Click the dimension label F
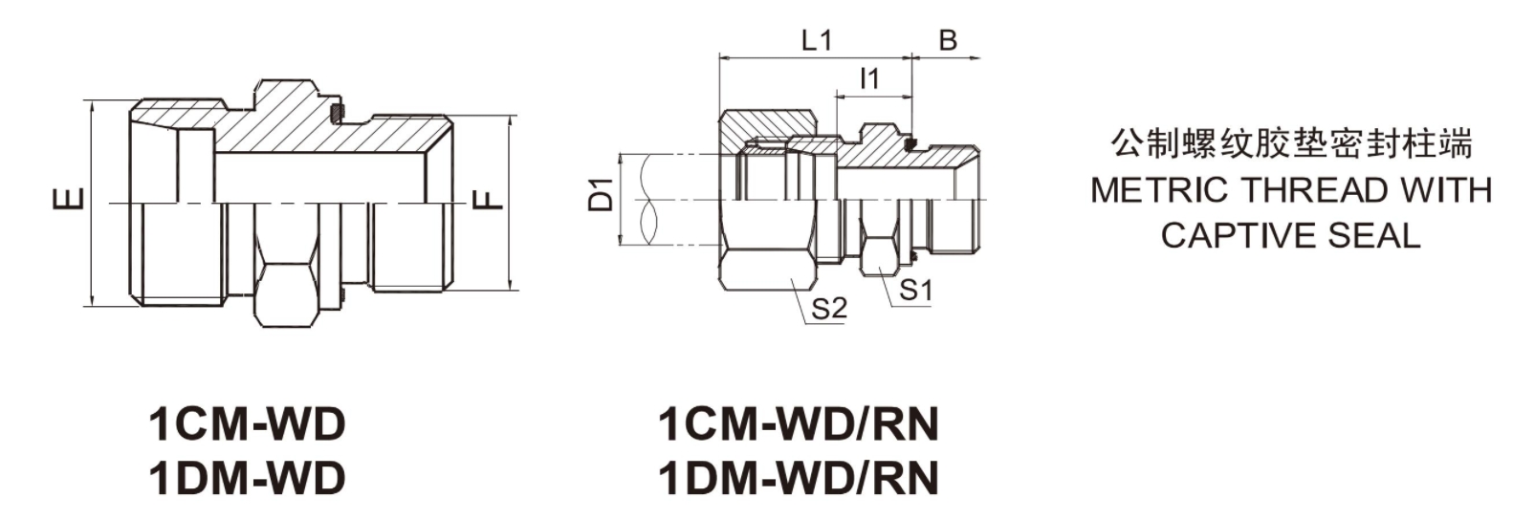(487, 200)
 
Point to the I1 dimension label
(868, 78)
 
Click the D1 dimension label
(600, 195)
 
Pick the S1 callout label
(916, 290)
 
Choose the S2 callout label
(829, 308)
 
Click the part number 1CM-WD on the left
(246, 423)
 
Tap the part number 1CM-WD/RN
(799, 423)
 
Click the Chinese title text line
(1291, 145)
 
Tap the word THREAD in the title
(1309, 190)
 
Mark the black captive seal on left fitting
(337, 114)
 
